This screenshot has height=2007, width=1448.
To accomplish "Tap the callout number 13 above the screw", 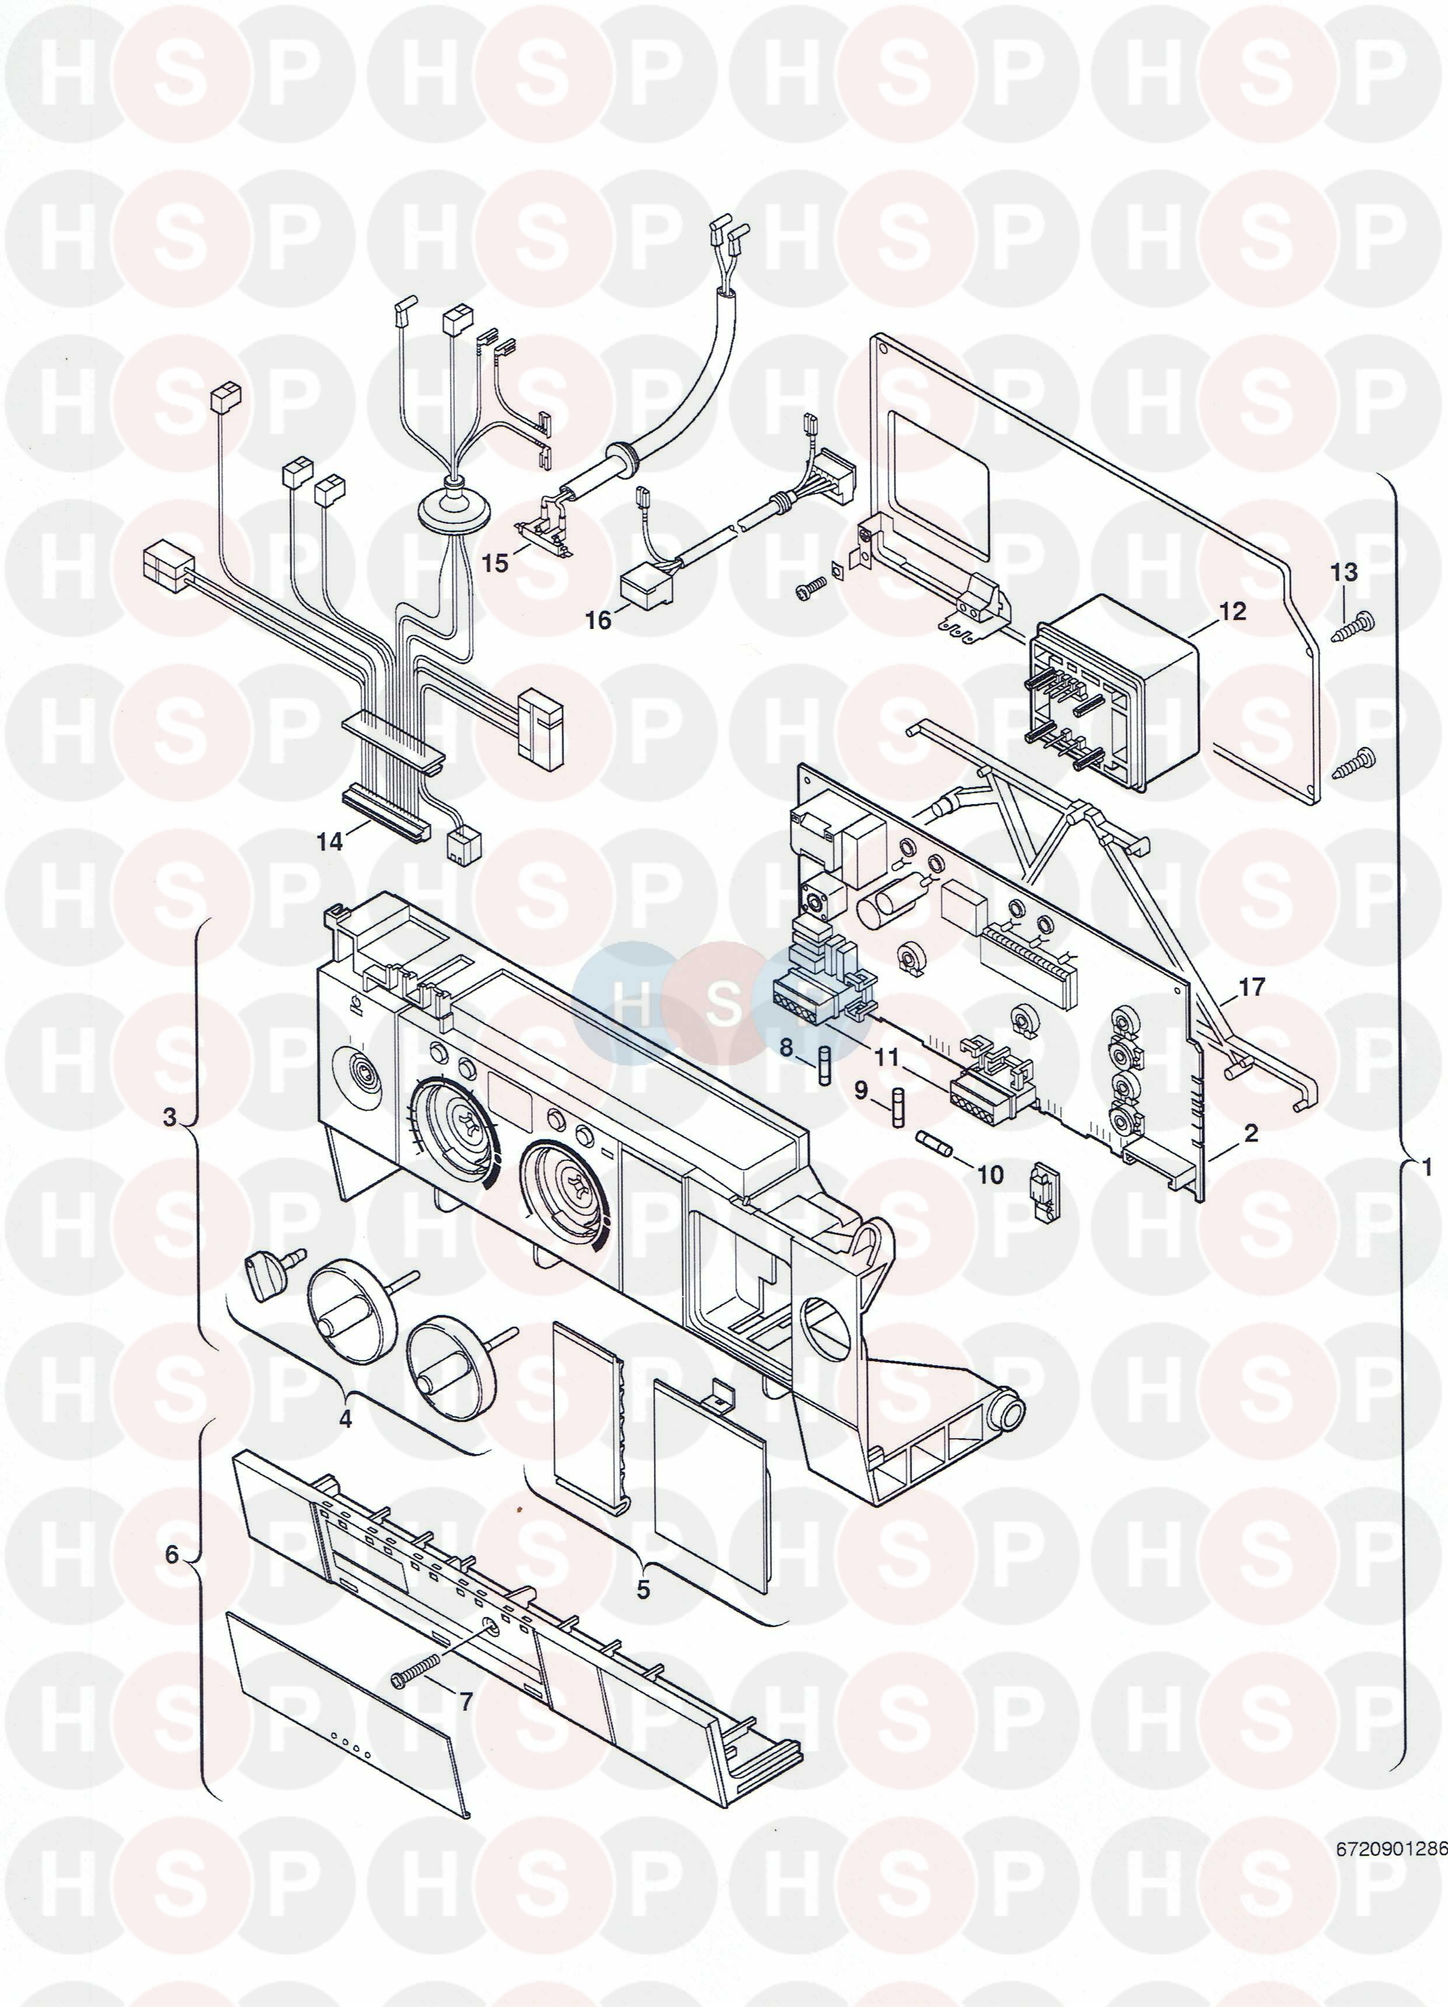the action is [x=1343, y=572].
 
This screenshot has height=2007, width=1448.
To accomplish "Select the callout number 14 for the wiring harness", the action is [x=330, y=841].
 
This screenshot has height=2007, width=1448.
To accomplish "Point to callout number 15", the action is [x=496, y=563].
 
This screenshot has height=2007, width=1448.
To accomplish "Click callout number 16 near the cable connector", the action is [x=598, y=620].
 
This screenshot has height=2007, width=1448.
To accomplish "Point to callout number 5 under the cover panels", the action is [x=643, y=1564].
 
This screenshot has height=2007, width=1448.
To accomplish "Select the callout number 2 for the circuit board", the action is [x=1251, y=1133].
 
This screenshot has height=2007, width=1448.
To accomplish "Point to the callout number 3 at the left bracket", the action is [x=170, y=1116].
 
